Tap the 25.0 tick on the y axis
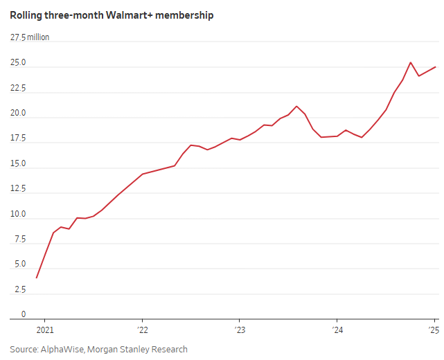pos(18,63)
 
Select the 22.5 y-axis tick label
pos(18,88)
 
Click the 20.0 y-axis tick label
pos(18,114)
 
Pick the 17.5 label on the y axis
pos(18,138)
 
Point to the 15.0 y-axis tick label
pos(18,164)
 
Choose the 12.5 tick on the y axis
pos(18,189)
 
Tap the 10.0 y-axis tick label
pos(18,215)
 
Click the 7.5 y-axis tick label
pos(20,240)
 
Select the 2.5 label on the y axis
pos(20,290)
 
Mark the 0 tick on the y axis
pos(23,314)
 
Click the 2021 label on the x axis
pos(44,330)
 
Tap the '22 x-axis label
pos(141,330)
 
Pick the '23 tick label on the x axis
pos(239,330)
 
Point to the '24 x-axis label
pos(336,330)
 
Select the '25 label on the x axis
pos(434,330)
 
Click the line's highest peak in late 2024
pos(411,62)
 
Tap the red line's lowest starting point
pos(36,278)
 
